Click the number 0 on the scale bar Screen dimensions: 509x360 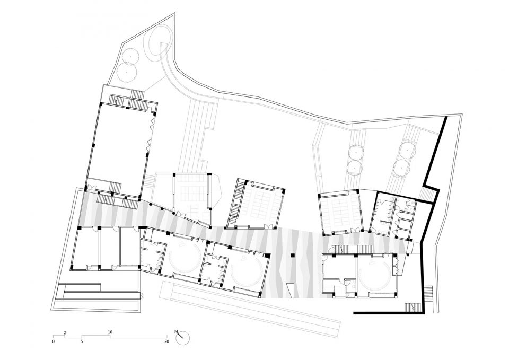pyautogui.click(x=53, y=341)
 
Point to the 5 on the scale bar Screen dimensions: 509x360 pyautogui.click(x=82, y=341)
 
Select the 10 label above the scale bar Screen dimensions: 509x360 pyautogui.click(x=110, y=332)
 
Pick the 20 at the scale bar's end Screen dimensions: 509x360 pyautogui.click(x=166, y=341)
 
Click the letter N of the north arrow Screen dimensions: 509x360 pyautogui.click(x=176, y=332)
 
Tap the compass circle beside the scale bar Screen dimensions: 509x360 pyautogui.click(x=182, y=338)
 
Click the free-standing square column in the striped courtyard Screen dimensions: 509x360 pyautogui.click(x=293, y=256)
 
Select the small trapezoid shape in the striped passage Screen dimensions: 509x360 pyautogui.click(x=290, y=290)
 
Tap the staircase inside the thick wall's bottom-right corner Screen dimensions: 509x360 pyautogui.click(x=413, y=306)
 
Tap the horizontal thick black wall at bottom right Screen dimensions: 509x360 pyautogui.click(x=388, y=313)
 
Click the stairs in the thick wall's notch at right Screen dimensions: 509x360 pyautogui.click(x=428, y=194)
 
